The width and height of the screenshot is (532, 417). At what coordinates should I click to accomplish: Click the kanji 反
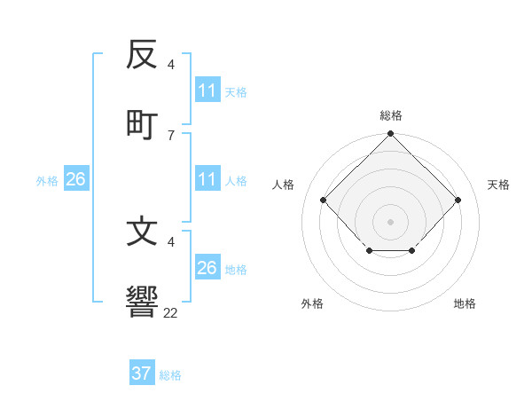point(142,56)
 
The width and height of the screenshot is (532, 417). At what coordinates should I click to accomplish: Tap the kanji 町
point(142,123)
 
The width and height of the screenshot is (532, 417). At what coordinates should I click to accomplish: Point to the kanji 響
point(142,302)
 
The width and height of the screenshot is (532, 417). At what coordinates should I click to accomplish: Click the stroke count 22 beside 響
point(171,312)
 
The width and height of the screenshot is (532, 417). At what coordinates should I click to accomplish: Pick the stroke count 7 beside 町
point(170,135)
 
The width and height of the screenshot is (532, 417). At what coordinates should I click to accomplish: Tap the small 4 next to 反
point(170,65)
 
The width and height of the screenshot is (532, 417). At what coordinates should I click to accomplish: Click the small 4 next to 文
point(170,241)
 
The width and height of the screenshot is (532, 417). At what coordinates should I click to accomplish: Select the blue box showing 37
point(142,374)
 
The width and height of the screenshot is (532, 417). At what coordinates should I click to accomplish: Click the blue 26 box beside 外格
point(75,180)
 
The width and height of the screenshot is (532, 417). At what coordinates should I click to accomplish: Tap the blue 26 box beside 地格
point(207,268)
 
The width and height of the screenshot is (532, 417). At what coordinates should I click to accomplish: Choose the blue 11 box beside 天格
point(207,90)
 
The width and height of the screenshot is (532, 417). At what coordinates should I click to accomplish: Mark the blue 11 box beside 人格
point(207,180)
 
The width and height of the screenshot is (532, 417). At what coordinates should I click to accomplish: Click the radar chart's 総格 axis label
point(390,115)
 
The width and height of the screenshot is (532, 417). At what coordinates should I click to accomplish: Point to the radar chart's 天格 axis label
point(498,185)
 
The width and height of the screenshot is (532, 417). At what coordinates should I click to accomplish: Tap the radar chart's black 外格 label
point(312,303)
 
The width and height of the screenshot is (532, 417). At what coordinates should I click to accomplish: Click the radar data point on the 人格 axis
point(324,201)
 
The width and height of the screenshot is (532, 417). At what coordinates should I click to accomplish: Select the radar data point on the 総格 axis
point(390,135)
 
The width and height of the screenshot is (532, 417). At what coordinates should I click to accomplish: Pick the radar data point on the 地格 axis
point(412,252)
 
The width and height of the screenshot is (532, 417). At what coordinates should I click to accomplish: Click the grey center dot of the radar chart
point(390,221)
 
